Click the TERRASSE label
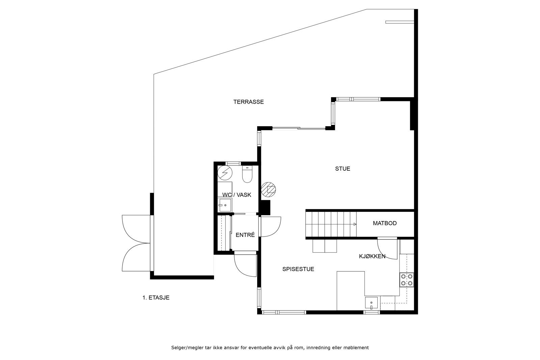click(248, 102)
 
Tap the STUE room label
click(343, 169)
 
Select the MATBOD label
click(385, 223)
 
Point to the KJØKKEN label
click(372, 256)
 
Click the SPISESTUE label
click(298, 269)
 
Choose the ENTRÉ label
click(245, 235)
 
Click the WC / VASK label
click(237, 195)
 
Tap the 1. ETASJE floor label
click(156, 298)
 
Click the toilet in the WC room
click(247, 174)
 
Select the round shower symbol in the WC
click(225, 173)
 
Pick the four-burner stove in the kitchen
click(407, 280)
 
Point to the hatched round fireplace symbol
click(269, 189)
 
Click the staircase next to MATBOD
click(331, 224)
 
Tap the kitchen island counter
click(351, 291)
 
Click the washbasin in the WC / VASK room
click(224, 205)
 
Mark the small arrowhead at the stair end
click(355, 224)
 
